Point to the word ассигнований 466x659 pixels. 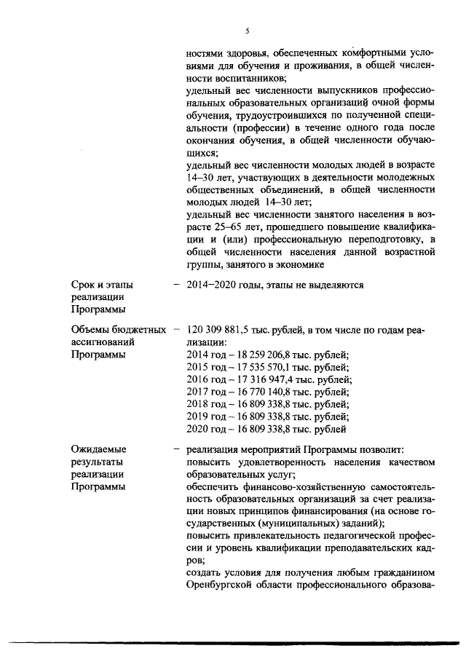click(x=103, y=342)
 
